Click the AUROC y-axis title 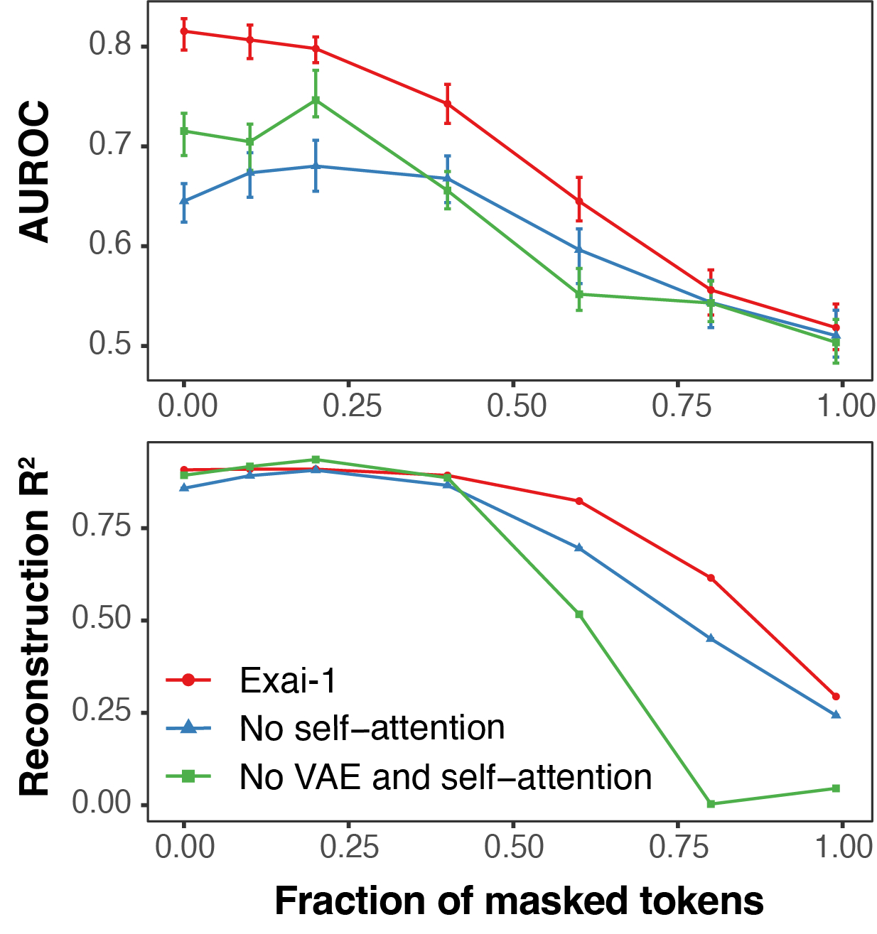[34, 172]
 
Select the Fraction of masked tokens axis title [519, 901]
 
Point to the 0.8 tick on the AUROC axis [110, 45]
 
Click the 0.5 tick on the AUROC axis [110, 344]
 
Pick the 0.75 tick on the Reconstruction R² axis [102, 527]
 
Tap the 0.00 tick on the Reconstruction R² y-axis [102, 803]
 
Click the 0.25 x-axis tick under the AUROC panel [352, 406]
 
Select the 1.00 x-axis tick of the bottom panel [844, 847]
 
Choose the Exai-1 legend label [288, 680]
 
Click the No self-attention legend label [372, 728]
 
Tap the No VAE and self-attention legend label [446, 777]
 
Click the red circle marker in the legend [188, 680]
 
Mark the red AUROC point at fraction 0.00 [184, 31]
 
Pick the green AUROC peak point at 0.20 [316, 100]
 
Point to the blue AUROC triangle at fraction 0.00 [184, 200]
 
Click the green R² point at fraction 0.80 [711, 803]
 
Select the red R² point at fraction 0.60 [579, 501]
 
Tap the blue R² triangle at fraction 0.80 [711, 638]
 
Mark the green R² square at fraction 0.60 [579, 614]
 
